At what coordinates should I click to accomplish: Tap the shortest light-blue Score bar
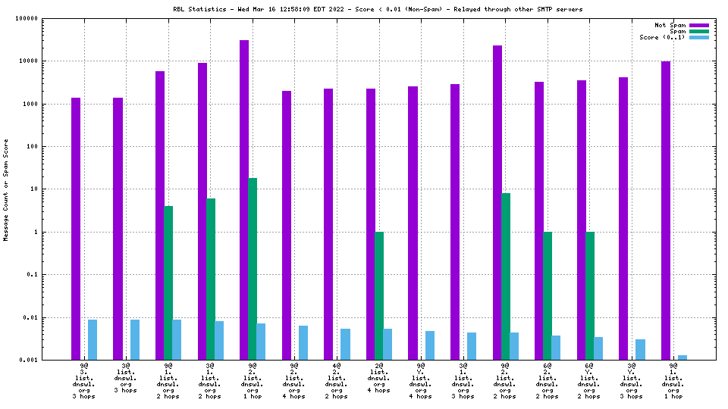(x=682, y=357)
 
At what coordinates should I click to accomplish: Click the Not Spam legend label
(x=670, y=25)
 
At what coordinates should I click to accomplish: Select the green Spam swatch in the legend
(x=698, y=31)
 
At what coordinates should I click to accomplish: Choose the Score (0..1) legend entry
(x=662, y=37)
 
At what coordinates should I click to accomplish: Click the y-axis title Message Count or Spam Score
(x=6, y=189)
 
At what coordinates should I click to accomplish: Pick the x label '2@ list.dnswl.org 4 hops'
(x=378, y=379)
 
